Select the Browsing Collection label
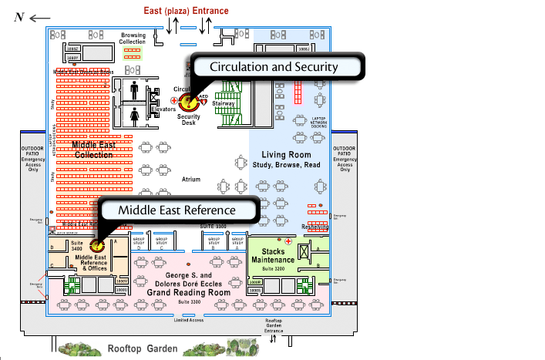pyautogui.click(x=133, y=39)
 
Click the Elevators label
pyautogui.click(x=163, y=109)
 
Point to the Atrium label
pyautogui.click(x=190, y=179)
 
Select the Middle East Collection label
pyautogui.click(x=93, y=150)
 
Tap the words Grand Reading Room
pyautogui.click(x=188, y=293)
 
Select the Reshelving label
pyautogui.click(x=315, y=227)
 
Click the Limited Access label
pyautogui.click(x=189, y=309)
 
